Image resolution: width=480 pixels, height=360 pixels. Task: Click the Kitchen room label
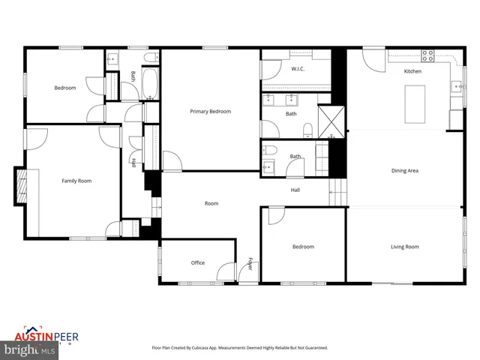[412, 71]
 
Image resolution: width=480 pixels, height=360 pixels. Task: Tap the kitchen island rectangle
[415, 103]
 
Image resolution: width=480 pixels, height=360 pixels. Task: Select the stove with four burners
[427, 55]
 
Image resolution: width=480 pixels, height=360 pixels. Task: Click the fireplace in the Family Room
[22, 185]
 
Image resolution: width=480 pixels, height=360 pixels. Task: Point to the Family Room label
[76, 181]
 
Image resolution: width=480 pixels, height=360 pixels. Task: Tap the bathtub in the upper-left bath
[148, 84]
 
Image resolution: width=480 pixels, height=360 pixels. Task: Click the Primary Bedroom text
[210, 112]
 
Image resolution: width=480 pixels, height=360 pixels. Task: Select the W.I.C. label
[298, 69]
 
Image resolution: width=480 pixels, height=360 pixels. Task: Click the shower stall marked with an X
[329, 121]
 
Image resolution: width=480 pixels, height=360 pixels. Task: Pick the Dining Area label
[404, 171]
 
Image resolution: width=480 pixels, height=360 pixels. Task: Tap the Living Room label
[404, 247]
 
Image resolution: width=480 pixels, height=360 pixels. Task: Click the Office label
[198, 262]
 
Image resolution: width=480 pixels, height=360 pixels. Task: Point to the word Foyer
[250, 264]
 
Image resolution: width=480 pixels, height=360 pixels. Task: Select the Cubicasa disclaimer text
[240, 348]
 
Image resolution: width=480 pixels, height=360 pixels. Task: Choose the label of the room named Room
[211, 203]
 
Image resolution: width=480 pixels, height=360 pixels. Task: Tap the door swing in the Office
[225, 270]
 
